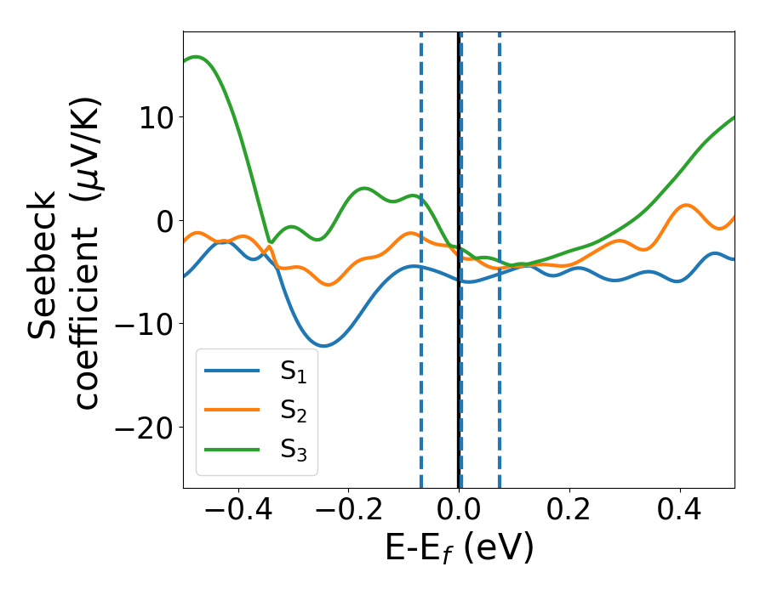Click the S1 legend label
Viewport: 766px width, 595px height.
294,371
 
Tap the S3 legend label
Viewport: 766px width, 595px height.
294,449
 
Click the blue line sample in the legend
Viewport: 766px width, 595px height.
232,370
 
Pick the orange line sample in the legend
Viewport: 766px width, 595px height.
232,409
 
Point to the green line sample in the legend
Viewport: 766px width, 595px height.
232,448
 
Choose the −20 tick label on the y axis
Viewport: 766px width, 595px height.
141,428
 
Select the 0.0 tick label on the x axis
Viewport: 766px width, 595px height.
459,511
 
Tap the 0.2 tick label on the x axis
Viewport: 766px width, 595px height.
569,511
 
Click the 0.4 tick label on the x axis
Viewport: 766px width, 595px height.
680,511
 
